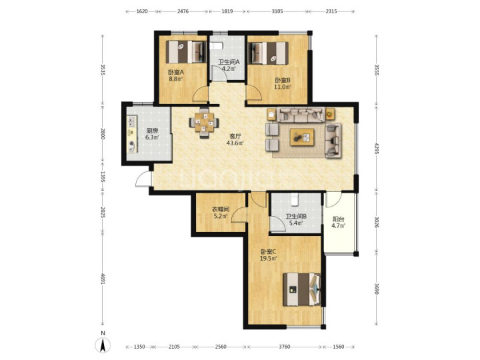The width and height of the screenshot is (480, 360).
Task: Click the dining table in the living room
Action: click(204, 123)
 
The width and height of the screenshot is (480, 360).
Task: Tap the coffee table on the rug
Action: click(302, 137)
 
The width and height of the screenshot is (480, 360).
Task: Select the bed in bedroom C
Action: click(302, 289)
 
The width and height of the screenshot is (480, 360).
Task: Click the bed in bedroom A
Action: click(186, 52)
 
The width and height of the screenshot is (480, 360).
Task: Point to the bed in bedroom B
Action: click(268, 53)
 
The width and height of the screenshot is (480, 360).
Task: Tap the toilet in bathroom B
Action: click(295, 199)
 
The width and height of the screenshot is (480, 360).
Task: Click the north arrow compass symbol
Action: click(103, 345)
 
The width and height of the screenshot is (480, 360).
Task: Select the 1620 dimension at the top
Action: click(142, 11)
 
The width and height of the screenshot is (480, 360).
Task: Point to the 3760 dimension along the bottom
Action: click(284, 347)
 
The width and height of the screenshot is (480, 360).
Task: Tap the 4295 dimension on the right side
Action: click(377, 148)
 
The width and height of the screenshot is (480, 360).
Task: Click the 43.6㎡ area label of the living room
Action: click(235, 143)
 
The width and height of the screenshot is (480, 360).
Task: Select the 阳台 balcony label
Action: click(338, 219)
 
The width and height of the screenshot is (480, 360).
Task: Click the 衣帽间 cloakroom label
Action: click(221, 210)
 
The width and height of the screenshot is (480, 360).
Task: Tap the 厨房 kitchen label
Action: click(152, 131)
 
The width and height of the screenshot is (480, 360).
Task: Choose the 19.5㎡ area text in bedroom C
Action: click(269, 259)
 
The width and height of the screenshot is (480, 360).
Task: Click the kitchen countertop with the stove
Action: click(132, 134)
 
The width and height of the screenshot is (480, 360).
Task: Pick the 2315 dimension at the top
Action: click(331, 11)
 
